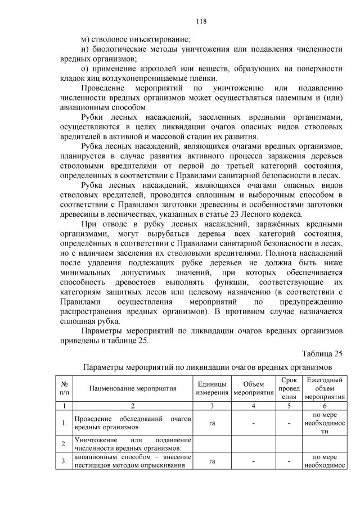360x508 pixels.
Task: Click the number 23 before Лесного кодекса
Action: point(245,213)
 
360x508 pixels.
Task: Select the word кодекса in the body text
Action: point(292,213)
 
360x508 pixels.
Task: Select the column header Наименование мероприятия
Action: point(132,388)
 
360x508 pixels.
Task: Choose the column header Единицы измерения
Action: point(213,388)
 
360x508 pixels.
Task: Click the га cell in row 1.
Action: point(213,423)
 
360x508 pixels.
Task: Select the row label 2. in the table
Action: point(65,444)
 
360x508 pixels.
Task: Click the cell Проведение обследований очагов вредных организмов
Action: point(132,423)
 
